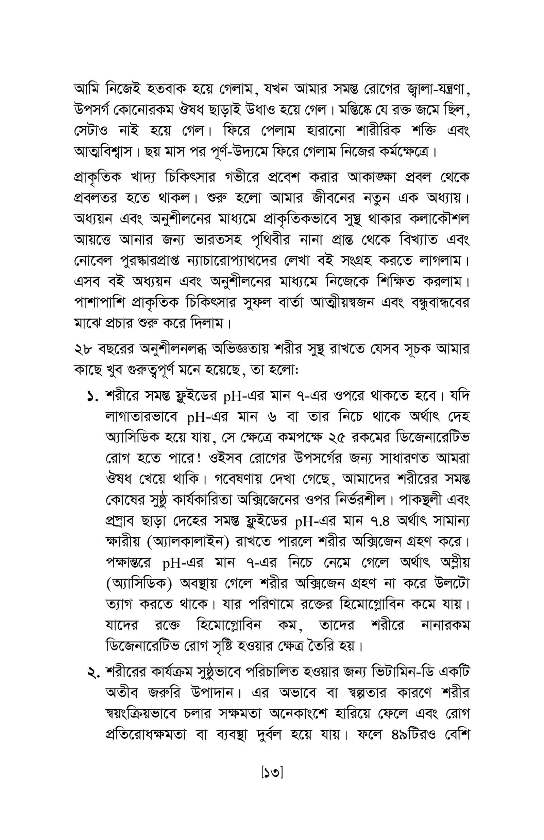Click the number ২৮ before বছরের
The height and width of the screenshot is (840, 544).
pyautogui.click(x=83, y=350)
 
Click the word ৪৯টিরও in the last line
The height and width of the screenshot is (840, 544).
pyautogui.click(x=414, y=736)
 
